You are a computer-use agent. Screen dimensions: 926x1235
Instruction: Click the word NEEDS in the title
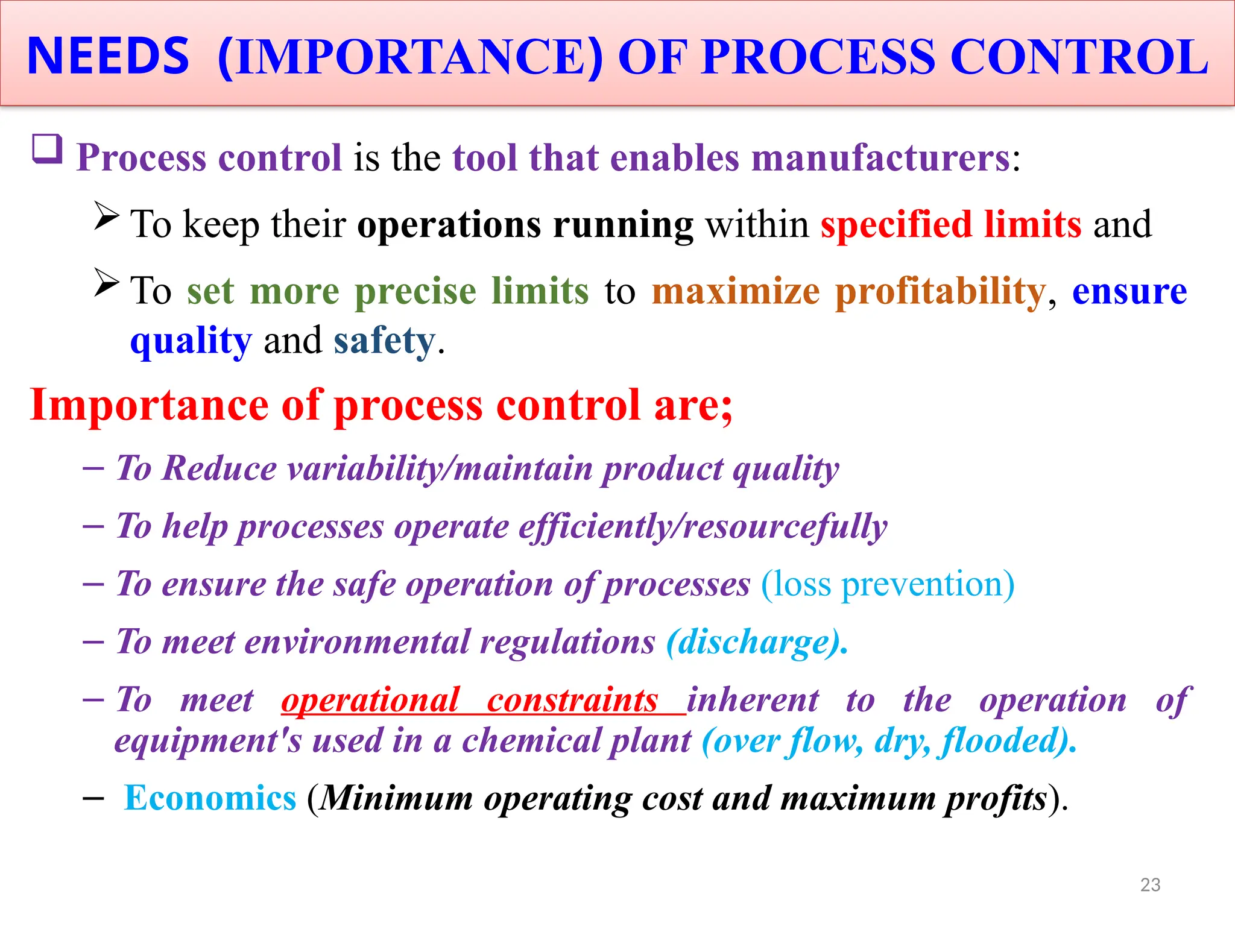point(109,56)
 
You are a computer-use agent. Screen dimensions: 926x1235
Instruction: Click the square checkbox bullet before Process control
point(47,148)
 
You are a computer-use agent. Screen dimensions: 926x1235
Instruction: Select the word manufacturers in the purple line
point(880,158)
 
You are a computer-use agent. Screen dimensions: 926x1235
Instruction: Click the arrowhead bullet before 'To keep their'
point(107,216)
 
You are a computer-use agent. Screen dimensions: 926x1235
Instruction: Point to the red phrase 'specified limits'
point(951,224)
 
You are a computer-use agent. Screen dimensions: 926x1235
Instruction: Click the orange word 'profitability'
point(940,291)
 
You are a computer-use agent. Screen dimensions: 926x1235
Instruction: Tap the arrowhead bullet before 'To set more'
point(107,282)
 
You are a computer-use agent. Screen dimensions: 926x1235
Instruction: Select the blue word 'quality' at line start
point(191,341)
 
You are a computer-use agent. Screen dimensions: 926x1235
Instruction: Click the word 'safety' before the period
point(384,341)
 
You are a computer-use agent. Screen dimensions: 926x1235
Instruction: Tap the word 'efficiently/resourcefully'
point(703,526)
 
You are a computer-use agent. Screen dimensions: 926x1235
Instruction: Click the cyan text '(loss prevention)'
point(888,584)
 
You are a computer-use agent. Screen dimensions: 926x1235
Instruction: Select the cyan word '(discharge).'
point(757,641)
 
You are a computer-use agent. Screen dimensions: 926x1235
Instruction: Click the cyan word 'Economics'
point(210,798)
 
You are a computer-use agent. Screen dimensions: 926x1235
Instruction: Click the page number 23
point(1150,884)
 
